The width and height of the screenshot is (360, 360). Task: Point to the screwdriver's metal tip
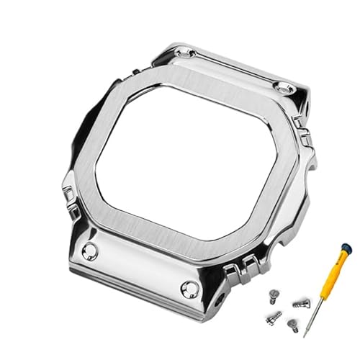[x=305, y=335]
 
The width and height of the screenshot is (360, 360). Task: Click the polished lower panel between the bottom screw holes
[x=144, y=270]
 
